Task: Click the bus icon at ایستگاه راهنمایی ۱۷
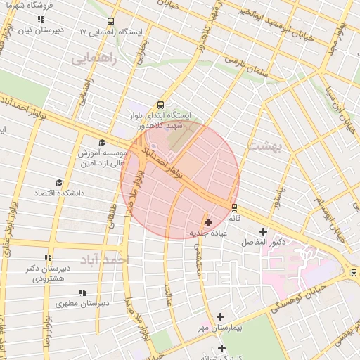click(x=110, y=21)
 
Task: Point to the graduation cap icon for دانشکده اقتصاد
click(x=58, y=181)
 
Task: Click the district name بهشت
click(x=264, y=145)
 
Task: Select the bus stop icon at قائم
click(x=234, y=207)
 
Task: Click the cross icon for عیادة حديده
click(x=208, y=222)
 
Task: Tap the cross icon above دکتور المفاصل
click(x=264, y=231)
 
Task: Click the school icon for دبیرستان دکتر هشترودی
click(x=49, y=258)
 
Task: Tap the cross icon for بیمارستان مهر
click(x=221, y=317)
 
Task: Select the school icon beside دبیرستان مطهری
click(x=82, y=292)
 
